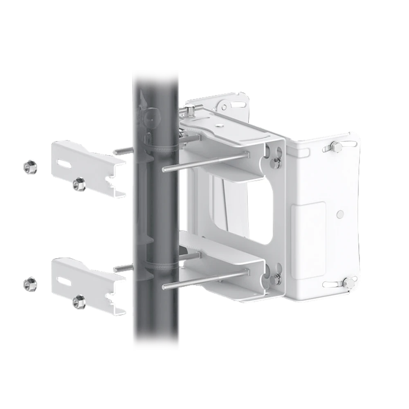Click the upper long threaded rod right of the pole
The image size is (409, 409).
(204, 162)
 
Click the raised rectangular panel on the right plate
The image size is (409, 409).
(308, 229)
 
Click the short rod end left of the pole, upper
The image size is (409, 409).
(122, 152)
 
